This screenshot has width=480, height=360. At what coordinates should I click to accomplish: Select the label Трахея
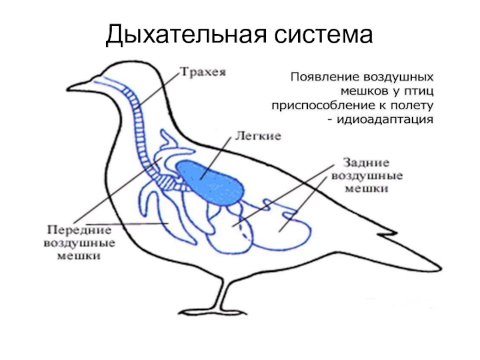203,73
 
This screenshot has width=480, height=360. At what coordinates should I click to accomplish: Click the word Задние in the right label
366,163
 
